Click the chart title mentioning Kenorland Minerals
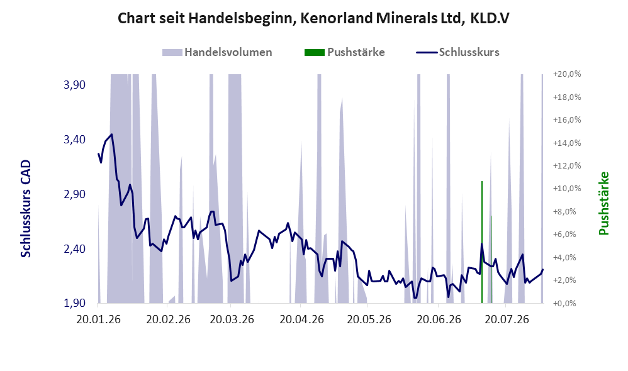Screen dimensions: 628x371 pyautogui.click(x=313, y=18)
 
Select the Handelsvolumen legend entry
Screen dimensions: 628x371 pyautogui.click(x=217, y=52)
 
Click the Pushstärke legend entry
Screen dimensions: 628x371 pyautogui.click(x=344, y=52)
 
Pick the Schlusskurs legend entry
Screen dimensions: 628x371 pyautogui.click(x=457, y=52)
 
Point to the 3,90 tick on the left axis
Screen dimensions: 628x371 pyautogui.click(x=75, y=85)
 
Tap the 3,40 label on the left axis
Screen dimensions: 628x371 pyautogui.click(x=75, y=140)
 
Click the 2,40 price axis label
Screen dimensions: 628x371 pyautogui.click(x=75, y=249)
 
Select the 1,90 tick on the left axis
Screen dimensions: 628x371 pyautogui.click(x=75, y=303)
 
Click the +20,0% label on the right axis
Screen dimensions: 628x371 pyautogui.click(x=567, y=74)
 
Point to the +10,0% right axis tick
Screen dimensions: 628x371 pyautogui.click(x=567, y=189)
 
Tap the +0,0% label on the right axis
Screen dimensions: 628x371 pyautogui.click(x=567, y=303)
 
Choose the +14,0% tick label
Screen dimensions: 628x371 pyautogui.click(x=567, y=143)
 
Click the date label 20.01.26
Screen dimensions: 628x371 pyautogui.click(x=99, y=319)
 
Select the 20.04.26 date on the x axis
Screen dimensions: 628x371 pyautogui.click(x=301, y=319)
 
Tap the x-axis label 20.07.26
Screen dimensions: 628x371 pyautogui.click(x=507, y=319)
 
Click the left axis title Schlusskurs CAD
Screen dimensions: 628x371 pyautogui.click(x=26, y=209)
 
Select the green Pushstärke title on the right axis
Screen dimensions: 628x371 pyautogui.click(x=603, y=203)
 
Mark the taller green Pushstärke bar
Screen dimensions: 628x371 pyautogui.click(x=482, y=242)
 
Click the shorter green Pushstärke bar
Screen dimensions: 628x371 pyautogui.click(x=491, y=259)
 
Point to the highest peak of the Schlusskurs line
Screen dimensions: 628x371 pyautogui.click(x=112, y=135)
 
